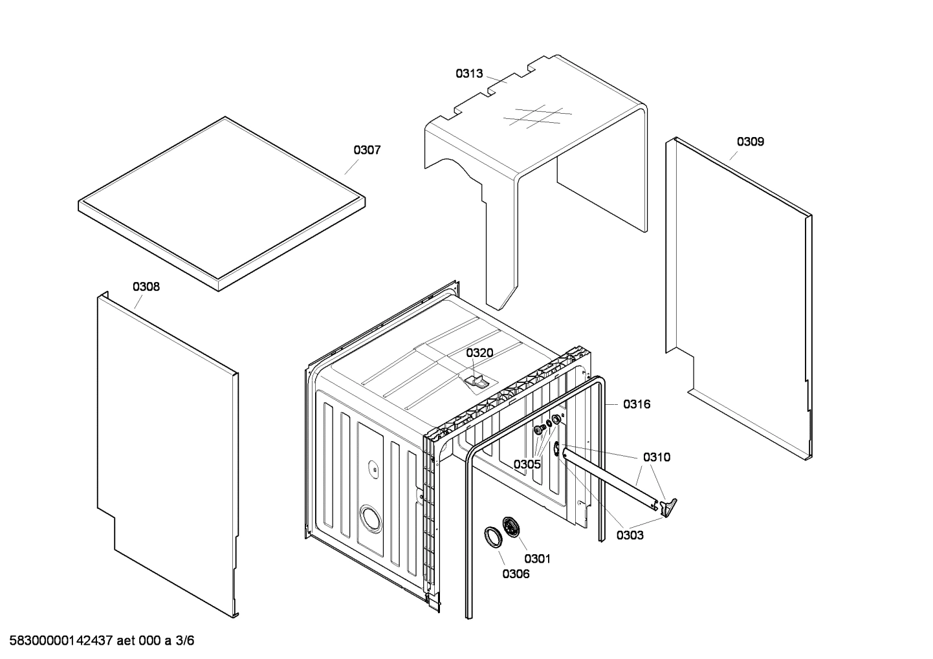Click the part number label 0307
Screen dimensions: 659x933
366,150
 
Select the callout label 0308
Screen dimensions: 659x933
146,286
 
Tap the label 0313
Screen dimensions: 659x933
469,74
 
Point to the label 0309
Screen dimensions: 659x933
750,142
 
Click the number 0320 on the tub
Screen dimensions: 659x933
479,353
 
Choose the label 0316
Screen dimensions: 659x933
637,404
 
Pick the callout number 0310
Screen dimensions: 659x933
657,457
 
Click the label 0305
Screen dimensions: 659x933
527,464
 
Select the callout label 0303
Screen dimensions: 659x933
630,535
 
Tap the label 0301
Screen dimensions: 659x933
537,558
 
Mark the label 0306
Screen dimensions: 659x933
516,574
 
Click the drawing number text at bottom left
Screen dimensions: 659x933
98,641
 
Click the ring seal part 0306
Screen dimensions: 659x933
493,537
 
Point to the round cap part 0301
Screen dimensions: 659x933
511,526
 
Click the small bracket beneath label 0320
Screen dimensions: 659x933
476,381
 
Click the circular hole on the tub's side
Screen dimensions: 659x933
370,517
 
